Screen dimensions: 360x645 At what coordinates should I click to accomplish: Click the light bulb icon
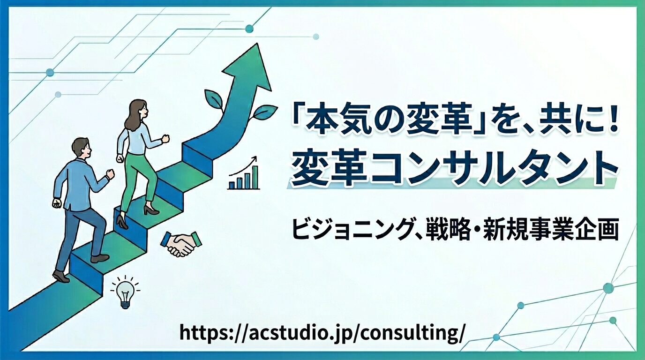(x=125, y=293)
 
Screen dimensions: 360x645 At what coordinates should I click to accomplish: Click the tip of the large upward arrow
(x=256, y=46)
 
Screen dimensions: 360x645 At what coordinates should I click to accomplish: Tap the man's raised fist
(x=111, y=174)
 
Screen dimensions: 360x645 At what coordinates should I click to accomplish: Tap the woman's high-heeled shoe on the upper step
(x=151, y=210)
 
